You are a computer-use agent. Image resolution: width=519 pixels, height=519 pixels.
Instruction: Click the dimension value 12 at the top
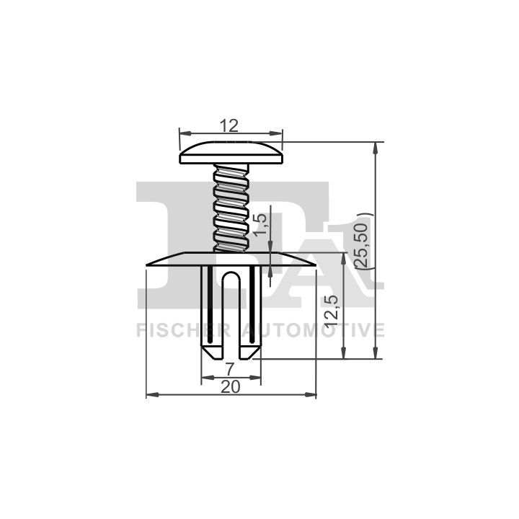[x=229, y=125]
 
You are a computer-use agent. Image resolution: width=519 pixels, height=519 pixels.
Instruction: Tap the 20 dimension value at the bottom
[x=231, y=386]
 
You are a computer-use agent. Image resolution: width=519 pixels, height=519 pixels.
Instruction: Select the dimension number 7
[x=231, y=369]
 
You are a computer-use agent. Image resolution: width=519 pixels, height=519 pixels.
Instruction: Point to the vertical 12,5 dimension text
[x=332, y=311]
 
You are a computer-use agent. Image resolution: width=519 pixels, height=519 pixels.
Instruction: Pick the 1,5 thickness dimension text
[x=260, y=225]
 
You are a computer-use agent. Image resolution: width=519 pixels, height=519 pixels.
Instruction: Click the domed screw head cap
[x=231, y=153]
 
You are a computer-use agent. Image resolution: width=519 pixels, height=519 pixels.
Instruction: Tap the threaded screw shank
[x=231, y=208]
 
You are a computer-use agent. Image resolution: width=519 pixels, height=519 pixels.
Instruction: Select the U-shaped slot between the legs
[x=231, y=314]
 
